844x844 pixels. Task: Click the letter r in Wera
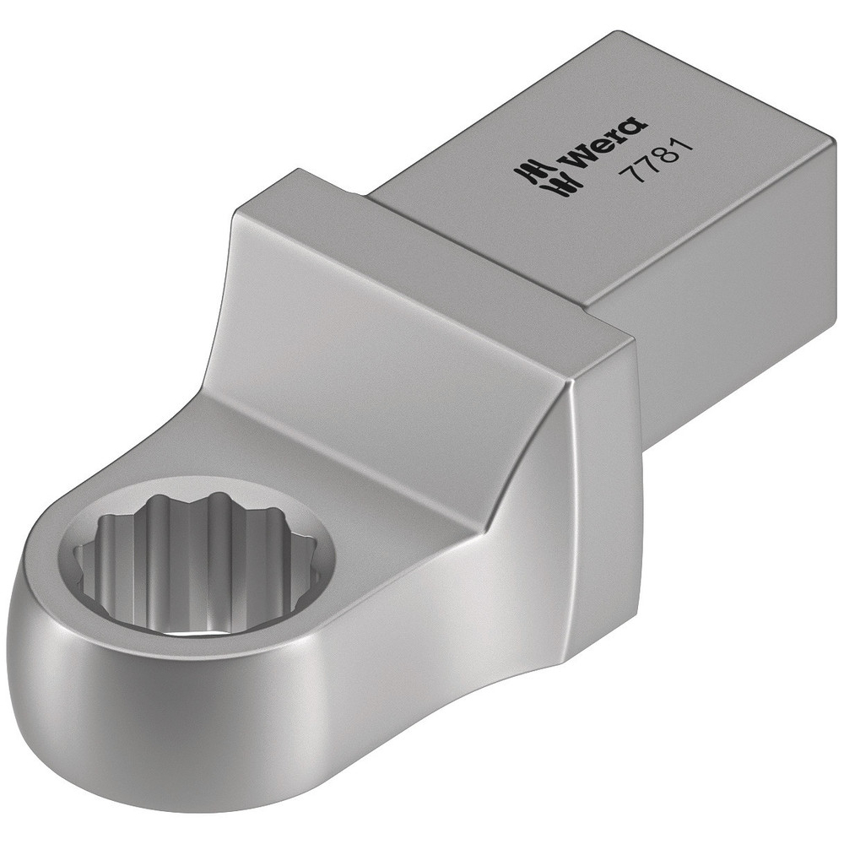(x=619, y=134)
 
